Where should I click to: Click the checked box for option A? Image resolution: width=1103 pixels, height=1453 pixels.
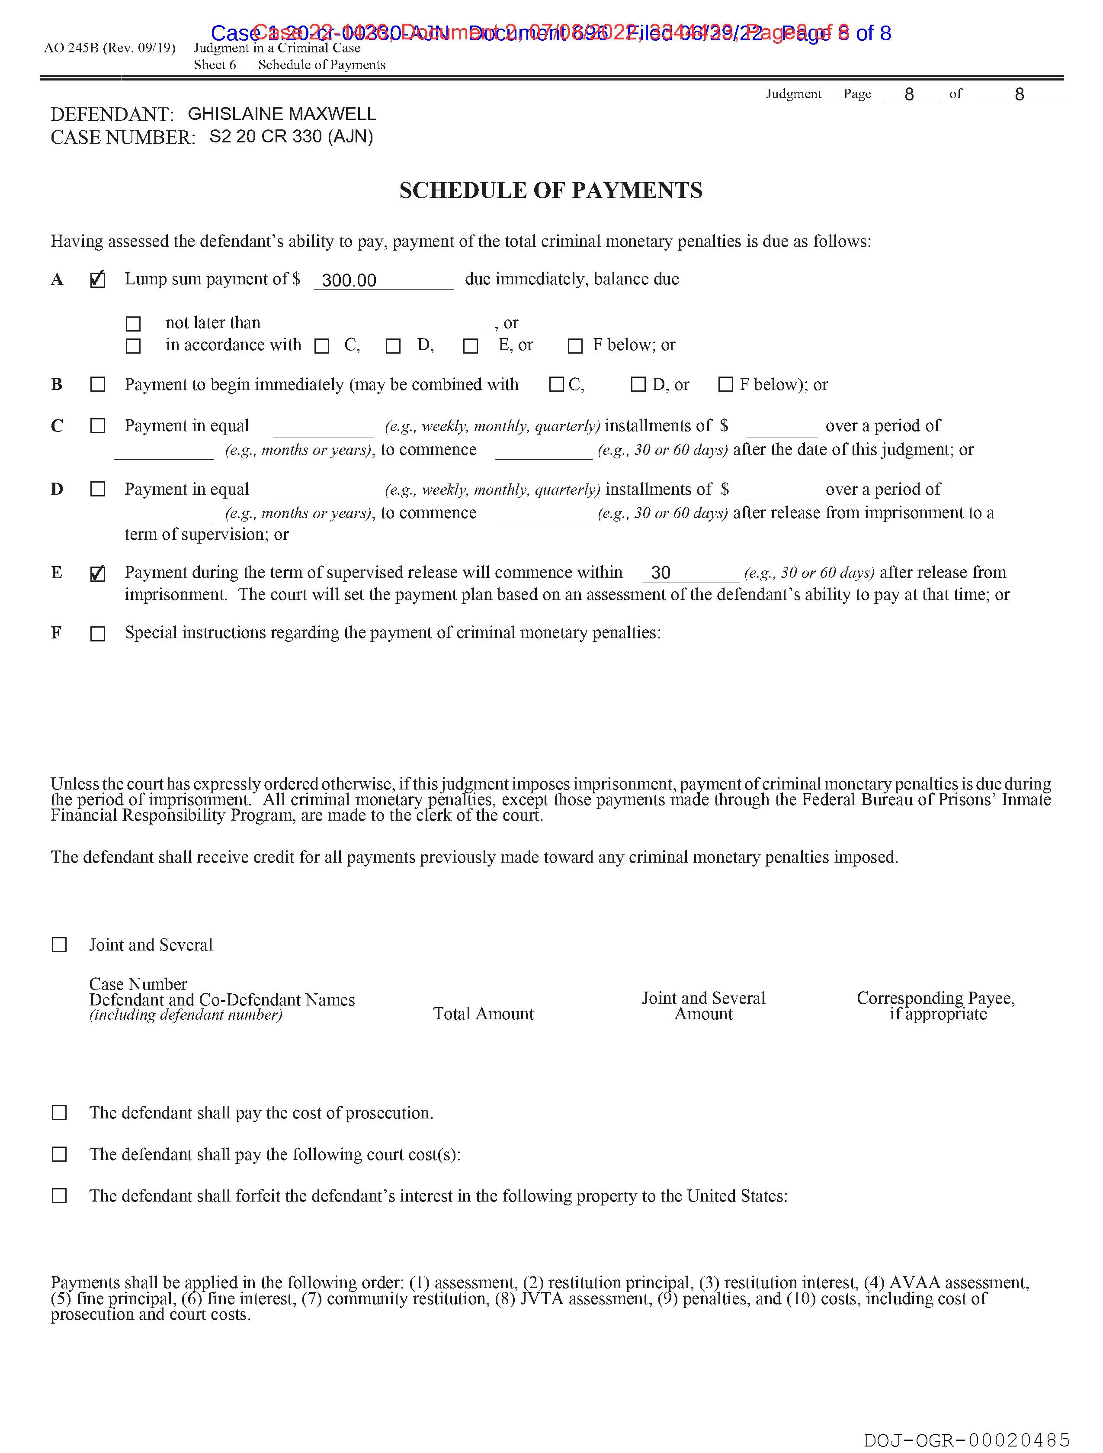click(x=97, y=280)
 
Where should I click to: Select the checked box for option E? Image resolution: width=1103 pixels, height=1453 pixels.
click(x=97, y=573)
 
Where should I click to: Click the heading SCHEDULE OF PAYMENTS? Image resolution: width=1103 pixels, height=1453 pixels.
click(x=551, y=190)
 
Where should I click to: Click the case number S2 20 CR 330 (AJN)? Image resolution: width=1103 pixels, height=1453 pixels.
click(x=291, y=137)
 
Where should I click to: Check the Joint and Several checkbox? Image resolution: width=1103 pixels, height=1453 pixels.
click(x=59, y=944)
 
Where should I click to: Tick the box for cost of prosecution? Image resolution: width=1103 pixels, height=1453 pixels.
click(x=59, y=1113)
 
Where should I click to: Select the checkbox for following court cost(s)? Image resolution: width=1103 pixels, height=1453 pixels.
click(x=59, y=1154)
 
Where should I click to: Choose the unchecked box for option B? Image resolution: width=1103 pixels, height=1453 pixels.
click(x=97, y=384)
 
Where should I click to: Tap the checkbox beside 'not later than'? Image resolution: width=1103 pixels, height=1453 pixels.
click(x=133, y=324)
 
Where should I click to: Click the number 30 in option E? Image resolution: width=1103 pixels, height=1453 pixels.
click(x=661, y=573)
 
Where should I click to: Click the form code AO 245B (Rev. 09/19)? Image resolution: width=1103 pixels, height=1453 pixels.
click(x=109, y=48)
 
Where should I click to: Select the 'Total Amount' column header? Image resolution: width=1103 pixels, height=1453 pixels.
click(x=483, y=1014)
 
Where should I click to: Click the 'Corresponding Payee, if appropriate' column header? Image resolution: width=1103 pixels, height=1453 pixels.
click(x=936, y=1005)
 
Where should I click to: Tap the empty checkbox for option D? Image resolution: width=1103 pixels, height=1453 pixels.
click(x=97, y=490)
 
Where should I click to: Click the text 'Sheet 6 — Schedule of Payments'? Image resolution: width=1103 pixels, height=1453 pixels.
click(x=289, y=65)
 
